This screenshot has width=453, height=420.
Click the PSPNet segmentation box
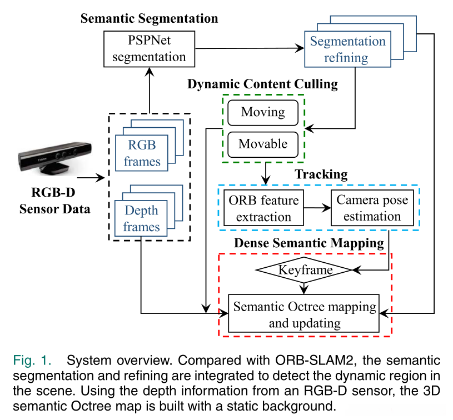pyautogui.click(x=150, y=49)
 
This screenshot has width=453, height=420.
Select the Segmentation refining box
pyautogui.click(x=347, y=49)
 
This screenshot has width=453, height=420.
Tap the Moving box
pyautogui.click(x=263, y=112)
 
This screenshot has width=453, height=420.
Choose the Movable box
pyautogui.click(x=263, y=144)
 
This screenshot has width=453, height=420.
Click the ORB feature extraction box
pyautogui.click(x=263, y=208)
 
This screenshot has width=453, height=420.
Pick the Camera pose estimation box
pyautogui.click(x=372, y=208)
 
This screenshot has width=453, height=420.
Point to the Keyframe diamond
pyautogui.click(x=304, y=270)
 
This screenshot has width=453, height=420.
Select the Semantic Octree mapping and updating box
pyautogui.click(x=304, y=314)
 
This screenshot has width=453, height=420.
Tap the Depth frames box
pyautogui.click(x=141, y=218)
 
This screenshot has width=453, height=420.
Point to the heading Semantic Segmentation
pyautogui.click(x=149, y=18)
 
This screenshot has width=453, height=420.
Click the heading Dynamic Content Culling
pyautogui.click(x=262, y=84)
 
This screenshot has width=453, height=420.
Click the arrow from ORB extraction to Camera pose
pyautogui.click(x=317, y=208)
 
